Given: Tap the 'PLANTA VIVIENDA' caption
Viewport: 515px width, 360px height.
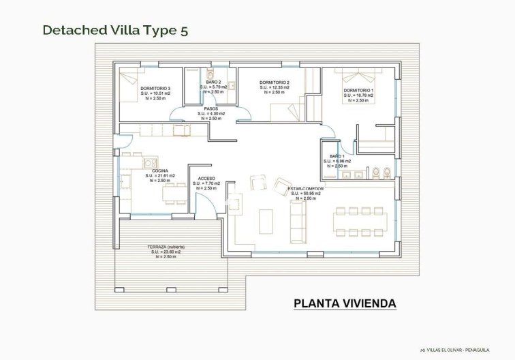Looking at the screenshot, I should (344, 302).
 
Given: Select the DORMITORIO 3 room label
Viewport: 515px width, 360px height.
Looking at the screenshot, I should (155, 89).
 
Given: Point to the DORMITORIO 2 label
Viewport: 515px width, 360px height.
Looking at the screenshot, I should (273, 82).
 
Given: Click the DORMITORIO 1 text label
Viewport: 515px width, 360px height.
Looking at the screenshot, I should (358, 90).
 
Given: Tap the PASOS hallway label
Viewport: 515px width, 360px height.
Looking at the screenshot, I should (210, 108).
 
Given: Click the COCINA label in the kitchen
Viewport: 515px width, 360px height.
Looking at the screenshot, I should (160, 170).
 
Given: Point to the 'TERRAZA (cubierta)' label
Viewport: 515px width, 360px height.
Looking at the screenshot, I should (166, 246).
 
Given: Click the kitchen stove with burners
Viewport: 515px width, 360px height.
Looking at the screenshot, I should (146, 163).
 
